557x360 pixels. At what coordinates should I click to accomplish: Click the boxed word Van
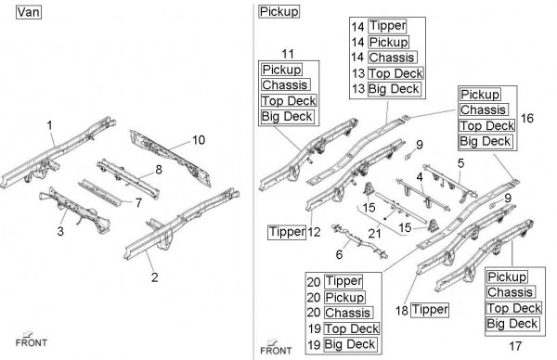(x=29, y=12)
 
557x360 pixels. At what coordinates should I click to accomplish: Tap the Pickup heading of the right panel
(x=278, y=11)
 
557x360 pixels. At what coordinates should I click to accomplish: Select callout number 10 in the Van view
(x=199, y=140)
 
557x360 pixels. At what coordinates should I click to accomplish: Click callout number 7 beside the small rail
(x=138, y=202)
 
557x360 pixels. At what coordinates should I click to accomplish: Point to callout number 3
(x=60, y=231)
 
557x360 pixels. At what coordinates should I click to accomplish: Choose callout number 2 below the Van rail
(x=154, y=277)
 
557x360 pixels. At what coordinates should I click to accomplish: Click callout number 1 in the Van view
(x=50, y=125)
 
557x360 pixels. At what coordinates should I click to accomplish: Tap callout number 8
(x=159, y=170)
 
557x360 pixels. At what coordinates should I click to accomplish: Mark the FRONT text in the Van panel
(x=32, y=342)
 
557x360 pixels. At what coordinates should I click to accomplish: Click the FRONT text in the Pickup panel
(x=276, y=351)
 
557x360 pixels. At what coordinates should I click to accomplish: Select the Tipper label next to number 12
(x=287, y=232)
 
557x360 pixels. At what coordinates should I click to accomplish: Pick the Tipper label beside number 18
(x=430, y=310)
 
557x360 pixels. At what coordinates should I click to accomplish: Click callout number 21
(x=374, y=234)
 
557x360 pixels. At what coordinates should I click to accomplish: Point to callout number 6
(x=339, y=254)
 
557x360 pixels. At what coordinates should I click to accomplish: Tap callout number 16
(x=527, y=118)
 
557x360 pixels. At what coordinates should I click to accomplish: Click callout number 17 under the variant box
(x=515, y=345)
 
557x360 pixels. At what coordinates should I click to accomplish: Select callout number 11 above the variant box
(x=288, y=54)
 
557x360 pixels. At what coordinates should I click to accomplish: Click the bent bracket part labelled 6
(x=358, y=241)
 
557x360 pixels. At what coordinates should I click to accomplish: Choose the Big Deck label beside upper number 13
(x=394, y=89)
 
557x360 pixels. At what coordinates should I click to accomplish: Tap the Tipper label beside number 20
(x=343, y=281)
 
